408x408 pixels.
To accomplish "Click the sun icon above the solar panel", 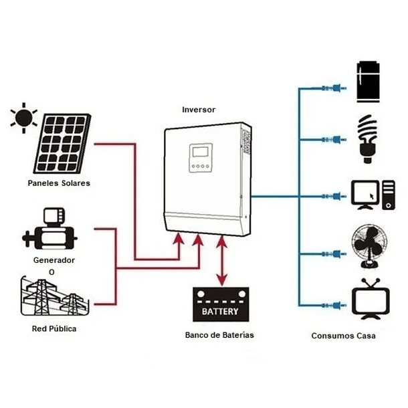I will tap(24, 118).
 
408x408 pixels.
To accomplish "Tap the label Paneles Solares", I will tap(59, 183).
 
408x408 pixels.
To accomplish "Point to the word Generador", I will tap(54, 260).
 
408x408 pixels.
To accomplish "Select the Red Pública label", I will tap(54, 329).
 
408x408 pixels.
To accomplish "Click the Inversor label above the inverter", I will tap(199, 109).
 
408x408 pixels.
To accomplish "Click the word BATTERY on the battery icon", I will tap(220, 312).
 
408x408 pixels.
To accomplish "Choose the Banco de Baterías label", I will tap(219, 334).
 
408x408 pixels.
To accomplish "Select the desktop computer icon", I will tap(372, 195).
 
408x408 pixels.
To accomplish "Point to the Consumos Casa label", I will tap(343, 336).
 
